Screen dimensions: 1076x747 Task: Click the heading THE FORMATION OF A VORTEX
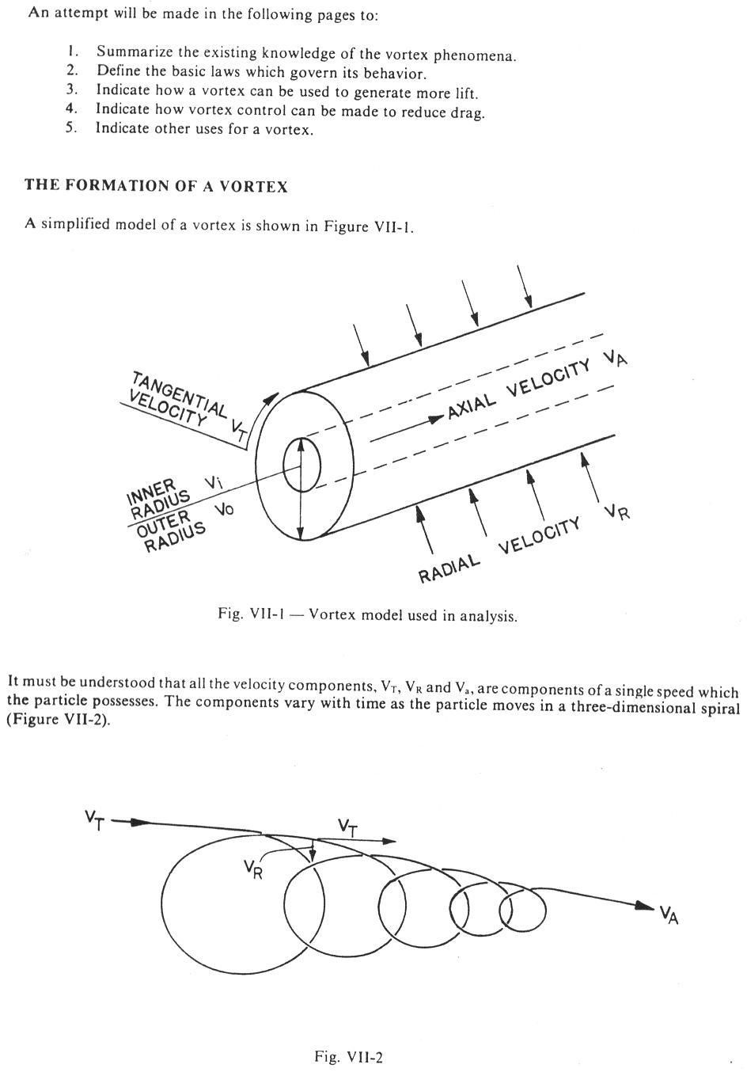click(156, 186)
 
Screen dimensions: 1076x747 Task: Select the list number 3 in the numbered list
click(72, 92)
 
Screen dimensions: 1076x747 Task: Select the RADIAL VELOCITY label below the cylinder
click(499, 549)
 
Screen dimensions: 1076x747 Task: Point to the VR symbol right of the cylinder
click(617, 511)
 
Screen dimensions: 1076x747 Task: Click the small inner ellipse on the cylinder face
click(301, 466)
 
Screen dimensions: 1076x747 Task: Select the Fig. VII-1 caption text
click(367, 615)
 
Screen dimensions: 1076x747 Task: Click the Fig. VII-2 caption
click(349, 1056)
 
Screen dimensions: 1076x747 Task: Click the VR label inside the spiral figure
click(252, 869)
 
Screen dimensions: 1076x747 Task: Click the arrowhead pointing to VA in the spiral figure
click(646, 907)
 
